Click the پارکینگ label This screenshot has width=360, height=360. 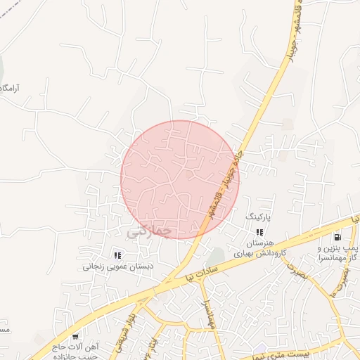258,219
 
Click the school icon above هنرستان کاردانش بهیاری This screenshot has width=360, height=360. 259,232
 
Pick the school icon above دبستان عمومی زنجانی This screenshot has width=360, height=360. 117,255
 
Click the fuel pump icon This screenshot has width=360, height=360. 338,237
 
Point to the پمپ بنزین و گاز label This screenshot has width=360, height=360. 338,254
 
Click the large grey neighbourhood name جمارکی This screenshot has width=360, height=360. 152,230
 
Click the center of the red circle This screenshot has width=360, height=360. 180,180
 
